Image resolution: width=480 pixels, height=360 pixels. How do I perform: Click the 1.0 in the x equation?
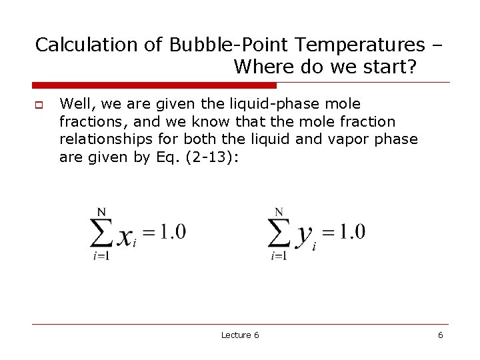[x=171, y=233]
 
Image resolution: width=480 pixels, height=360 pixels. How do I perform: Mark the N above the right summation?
[x=279, y=212]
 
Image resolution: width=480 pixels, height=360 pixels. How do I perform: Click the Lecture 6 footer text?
[x=240, y=335]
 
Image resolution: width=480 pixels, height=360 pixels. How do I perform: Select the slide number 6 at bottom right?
[x=440, y=335]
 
